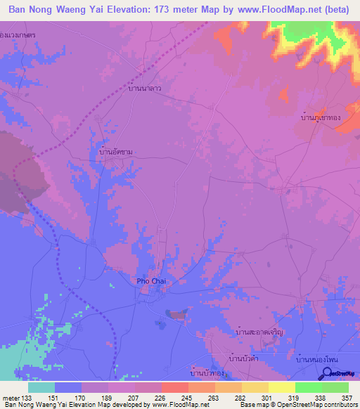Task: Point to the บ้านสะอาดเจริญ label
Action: click(x=259, y=330)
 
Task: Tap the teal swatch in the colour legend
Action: click(x=41, y=387)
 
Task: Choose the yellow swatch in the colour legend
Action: click(x=281, y=387)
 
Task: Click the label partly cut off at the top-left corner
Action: click(x=19, y=34)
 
